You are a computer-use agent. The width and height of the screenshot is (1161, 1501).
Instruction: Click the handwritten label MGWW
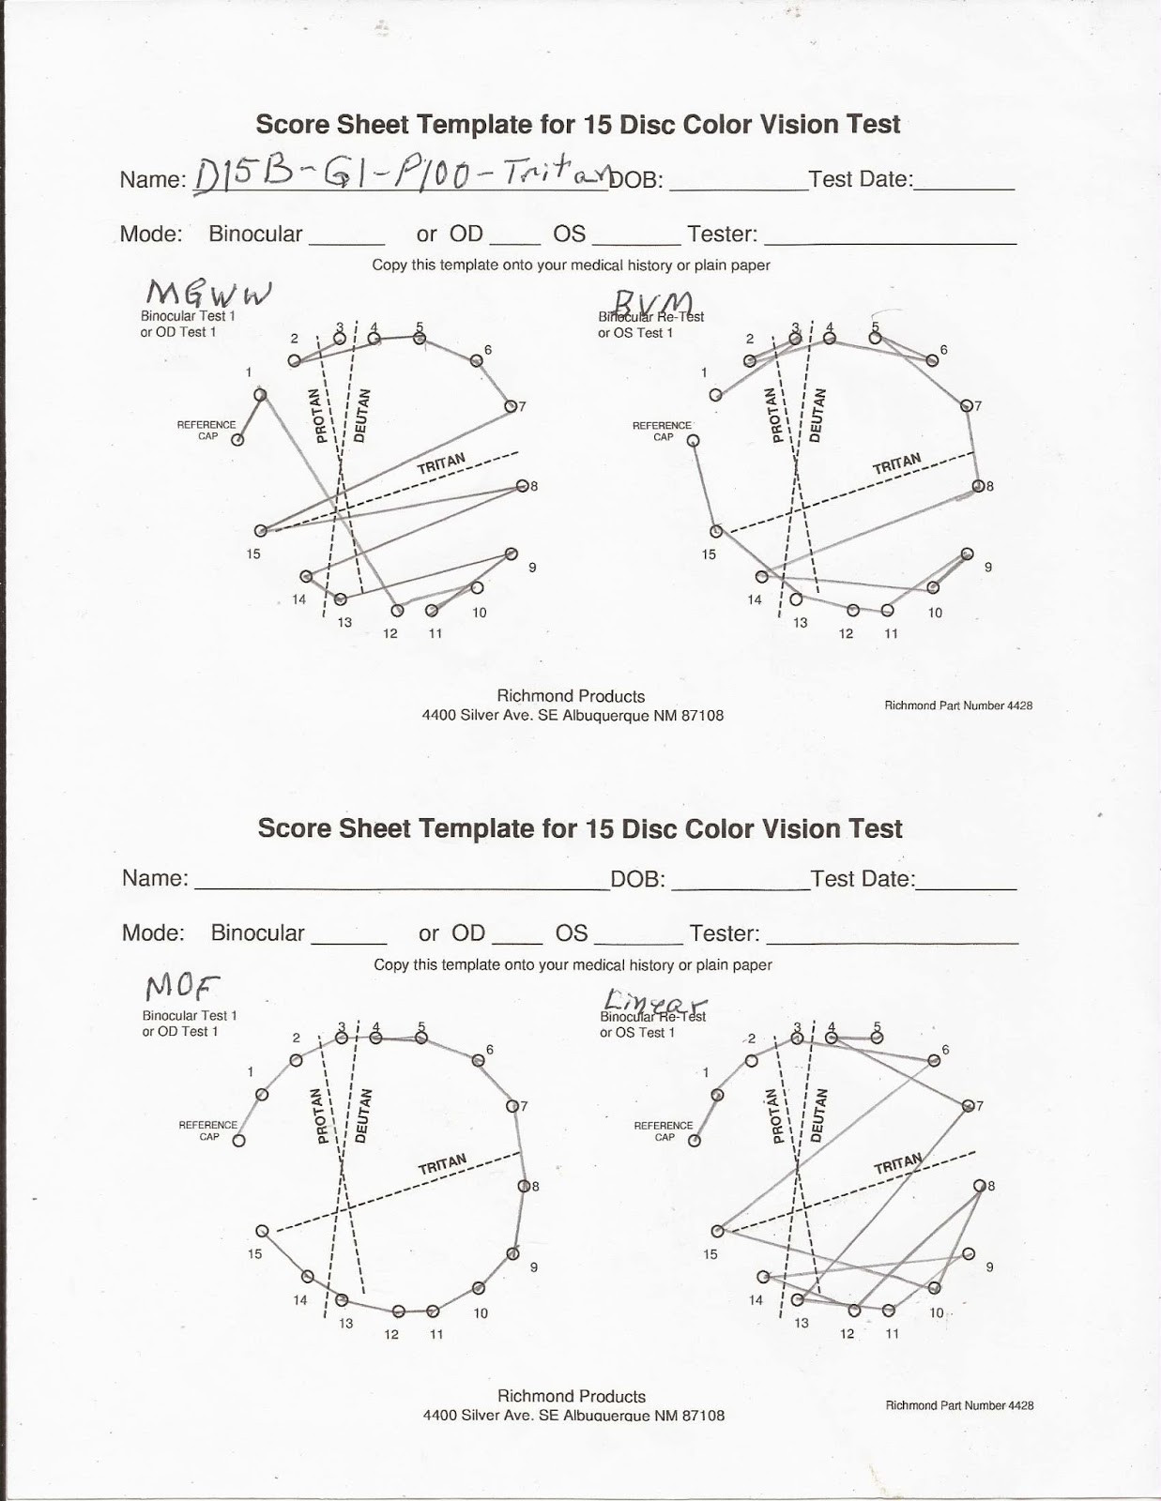pos(208,295)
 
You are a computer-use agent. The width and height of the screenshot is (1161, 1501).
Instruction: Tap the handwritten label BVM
pos(653,303)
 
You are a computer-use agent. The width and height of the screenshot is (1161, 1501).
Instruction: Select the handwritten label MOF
pos(181,987)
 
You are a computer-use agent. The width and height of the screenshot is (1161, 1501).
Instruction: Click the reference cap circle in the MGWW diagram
pos(237,440)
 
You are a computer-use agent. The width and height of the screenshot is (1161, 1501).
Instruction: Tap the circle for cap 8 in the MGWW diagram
pos(522,486)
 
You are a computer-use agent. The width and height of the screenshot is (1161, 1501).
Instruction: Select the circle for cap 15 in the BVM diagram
pos(714,531)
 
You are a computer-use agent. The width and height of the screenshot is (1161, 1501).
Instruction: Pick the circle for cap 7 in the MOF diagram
pos(512,1106)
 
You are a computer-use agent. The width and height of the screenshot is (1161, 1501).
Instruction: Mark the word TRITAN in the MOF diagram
pos(442,1164)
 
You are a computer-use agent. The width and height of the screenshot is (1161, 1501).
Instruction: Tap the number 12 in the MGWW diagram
pos(390,633)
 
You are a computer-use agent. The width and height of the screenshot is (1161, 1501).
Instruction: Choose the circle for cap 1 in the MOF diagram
pos(262,1094)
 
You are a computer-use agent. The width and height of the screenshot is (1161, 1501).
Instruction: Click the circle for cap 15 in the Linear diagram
pos(717,1231)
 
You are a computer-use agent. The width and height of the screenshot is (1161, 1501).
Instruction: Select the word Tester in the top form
pos(722,234)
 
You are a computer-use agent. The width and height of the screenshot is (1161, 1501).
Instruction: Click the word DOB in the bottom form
pos(637,879)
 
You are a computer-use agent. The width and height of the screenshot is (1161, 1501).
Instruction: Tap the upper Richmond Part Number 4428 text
pos(958,705)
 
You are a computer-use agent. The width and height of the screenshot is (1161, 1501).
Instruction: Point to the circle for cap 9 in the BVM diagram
pos(968,554)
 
